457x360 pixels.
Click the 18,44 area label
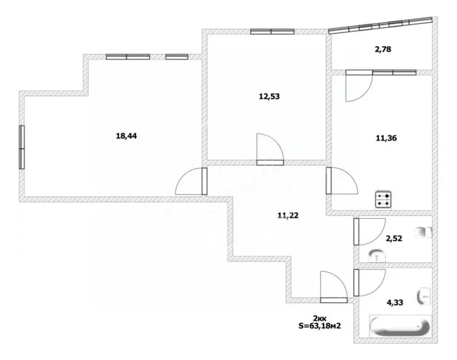pyautogui.click(x=126, y=136)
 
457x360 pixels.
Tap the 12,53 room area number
pyautogui.click(x=269, y=97)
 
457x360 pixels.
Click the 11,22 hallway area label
pyautogui.click(x=288, y=216)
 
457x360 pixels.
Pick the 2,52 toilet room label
pyautogui.click(x=394, y=238)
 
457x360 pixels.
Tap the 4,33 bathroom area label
pyautogui.click(x=394, y=302)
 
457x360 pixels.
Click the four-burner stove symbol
pyautogui.click(x=382, y=200)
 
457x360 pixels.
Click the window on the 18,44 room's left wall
pyautogui.click(x=22, y=147)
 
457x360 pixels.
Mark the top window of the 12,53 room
pyautogui.click(x=272, y=32)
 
